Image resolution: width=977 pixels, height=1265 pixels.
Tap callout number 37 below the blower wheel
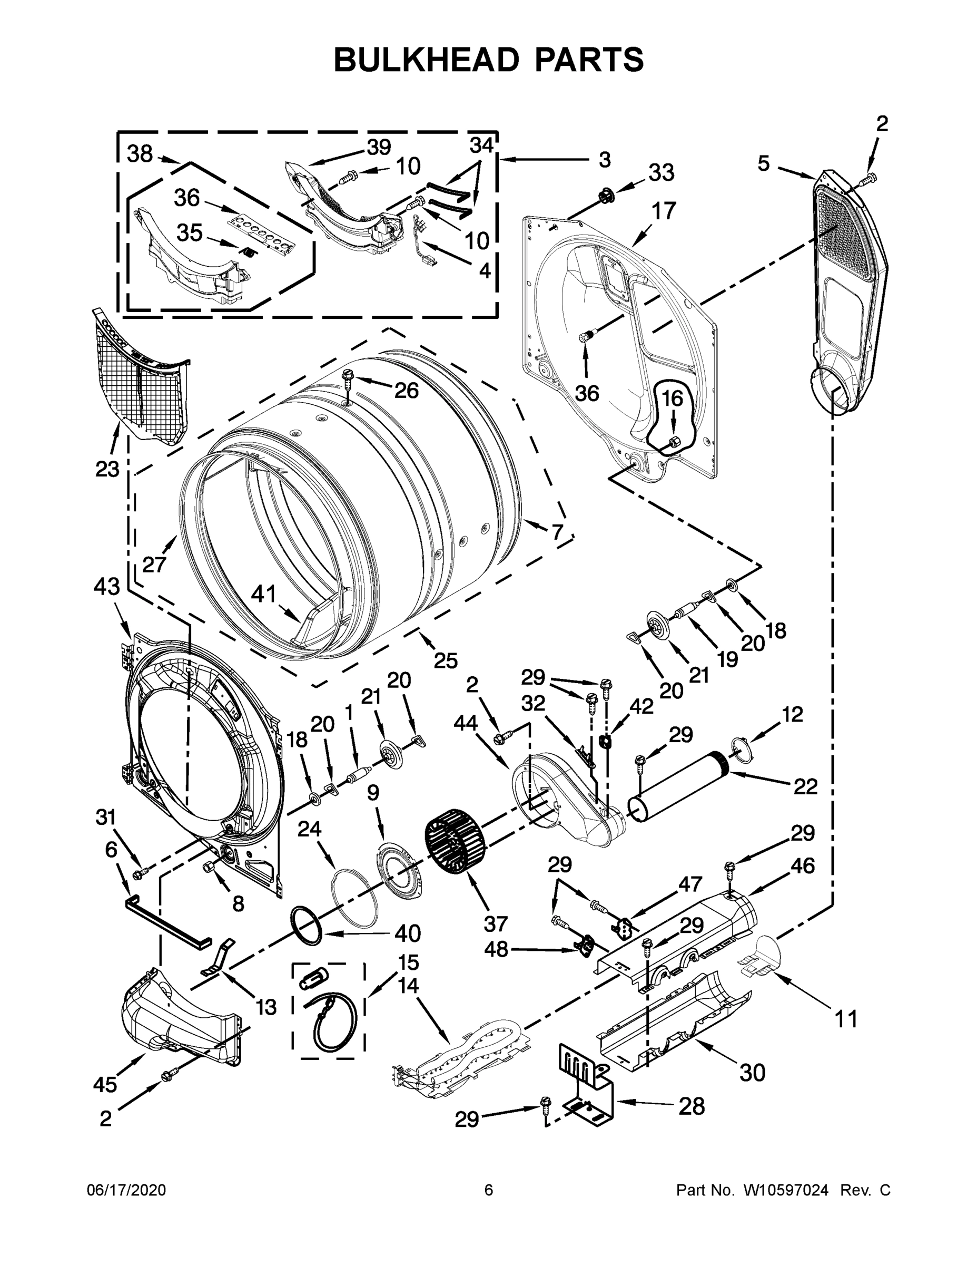click(x=496, y=923)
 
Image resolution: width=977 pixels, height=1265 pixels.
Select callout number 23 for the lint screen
click(x=107, y=469)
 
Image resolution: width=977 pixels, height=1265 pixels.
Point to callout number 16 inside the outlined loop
click(x=672, y=398)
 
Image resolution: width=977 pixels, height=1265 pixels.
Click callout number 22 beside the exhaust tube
click(x=805, y=786)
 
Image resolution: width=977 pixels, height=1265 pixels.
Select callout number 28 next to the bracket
click(x=692, y=1106)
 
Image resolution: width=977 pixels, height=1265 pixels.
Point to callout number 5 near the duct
click(x=764, y=164)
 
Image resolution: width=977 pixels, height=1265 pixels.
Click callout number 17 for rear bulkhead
click(x=664, y=211)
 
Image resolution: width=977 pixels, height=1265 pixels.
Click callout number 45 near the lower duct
click(x=105, y=1084)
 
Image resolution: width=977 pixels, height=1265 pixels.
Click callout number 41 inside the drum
click(x=264, y=593)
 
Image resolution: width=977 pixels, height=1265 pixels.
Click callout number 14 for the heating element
click(x=409, y=985)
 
